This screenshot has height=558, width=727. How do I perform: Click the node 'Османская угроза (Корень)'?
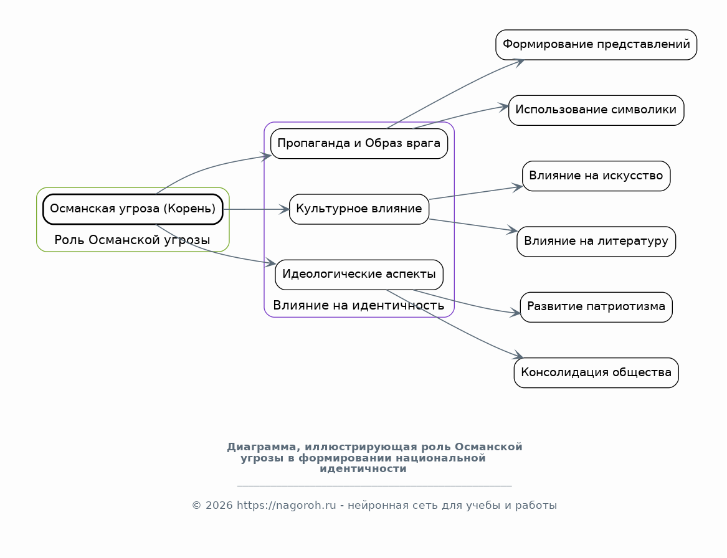pos(133,209)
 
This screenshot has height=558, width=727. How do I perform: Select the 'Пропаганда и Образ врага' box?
pos(359,144)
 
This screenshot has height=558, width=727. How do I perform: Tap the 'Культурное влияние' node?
pos(359,209)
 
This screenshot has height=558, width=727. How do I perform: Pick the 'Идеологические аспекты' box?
pos(359,275)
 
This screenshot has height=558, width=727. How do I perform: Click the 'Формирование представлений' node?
pos(596,45)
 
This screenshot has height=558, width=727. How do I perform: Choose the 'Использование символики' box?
pos(596,110)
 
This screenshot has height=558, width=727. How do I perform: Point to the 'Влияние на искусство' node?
pos(596,176)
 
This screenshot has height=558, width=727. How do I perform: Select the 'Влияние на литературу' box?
pos(596,242)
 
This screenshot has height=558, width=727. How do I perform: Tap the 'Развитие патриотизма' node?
pos(596,307)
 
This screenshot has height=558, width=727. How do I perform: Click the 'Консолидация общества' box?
pos(596,372)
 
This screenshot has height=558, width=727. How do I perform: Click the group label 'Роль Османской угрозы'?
pos(132,240)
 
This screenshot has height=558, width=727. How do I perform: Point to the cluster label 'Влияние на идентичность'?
pos(358,305)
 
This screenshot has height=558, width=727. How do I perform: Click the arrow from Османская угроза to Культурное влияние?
pos(256,209)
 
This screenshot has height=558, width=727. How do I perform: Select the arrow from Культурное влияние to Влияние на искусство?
pos(476,193)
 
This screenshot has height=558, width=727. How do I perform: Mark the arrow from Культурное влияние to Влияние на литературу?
pos(473,225)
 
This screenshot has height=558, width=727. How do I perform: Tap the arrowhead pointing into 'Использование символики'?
pos(504,107)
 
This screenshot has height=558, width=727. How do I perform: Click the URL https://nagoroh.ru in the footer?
pos(286,506)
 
